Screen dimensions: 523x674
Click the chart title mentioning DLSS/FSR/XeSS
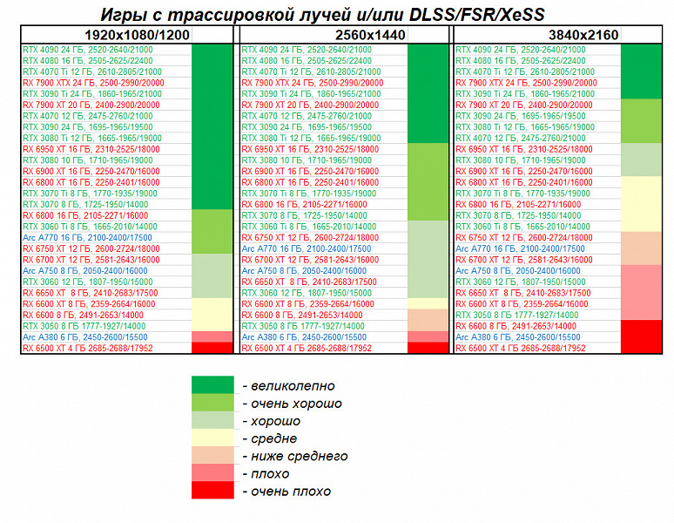tap(336, 14)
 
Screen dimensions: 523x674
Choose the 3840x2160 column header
tap(561, 34)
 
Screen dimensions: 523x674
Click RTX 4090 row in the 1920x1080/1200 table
tap(86, 51)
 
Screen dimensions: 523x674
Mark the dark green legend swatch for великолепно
tap(212, 385)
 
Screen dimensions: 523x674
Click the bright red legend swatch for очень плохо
tap(212, 491)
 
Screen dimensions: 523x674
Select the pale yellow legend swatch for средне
tap(212, 438)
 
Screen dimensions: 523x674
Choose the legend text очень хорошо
tap(292, 404)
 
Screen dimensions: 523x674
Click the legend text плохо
tap(271, 473)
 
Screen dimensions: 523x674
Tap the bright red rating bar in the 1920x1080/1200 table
tap(210, 348)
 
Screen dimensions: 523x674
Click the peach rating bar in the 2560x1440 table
tap(427, 320)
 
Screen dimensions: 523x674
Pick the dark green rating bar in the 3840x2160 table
tap(643, 71)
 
